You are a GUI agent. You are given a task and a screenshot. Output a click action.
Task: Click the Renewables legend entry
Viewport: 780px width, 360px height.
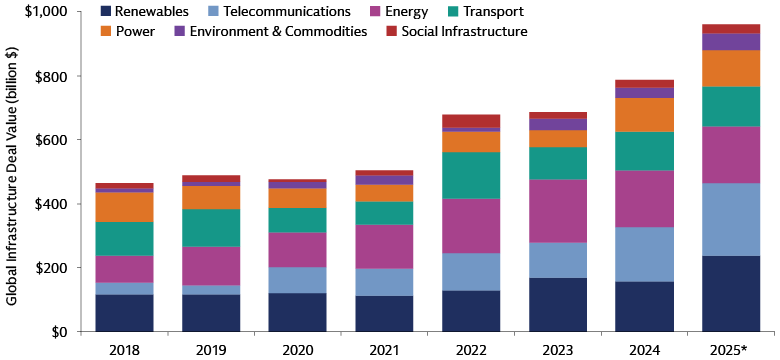click(149, 12)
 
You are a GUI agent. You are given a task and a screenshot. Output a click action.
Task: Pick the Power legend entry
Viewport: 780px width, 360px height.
click(131, 32)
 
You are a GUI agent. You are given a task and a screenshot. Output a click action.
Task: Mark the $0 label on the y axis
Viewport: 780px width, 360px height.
click(58, 331)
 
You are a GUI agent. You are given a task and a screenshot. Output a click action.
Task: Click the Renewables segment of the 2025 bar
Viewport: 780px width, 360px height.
click(732, 293)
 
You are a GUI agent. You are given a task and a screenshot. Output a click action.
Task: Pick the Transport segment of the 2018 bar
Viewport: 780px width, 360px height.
click(125, 238)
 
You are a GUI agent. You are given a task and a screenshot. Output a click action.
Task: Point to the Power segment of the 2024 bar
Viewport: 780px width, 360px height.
click(645, 115)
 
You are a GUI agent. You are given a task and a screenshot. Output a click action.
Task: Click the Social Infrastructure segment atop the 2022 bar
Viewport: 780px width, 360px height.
click(471, 121)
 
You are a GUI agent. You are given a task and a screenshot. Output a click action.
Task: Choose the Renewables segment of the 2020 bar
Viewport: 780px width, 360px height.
click(298, 311)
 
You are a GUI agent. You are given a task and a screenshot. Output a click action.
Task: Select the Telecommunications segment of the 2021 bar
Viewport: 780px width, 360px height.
click(385, 282)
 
